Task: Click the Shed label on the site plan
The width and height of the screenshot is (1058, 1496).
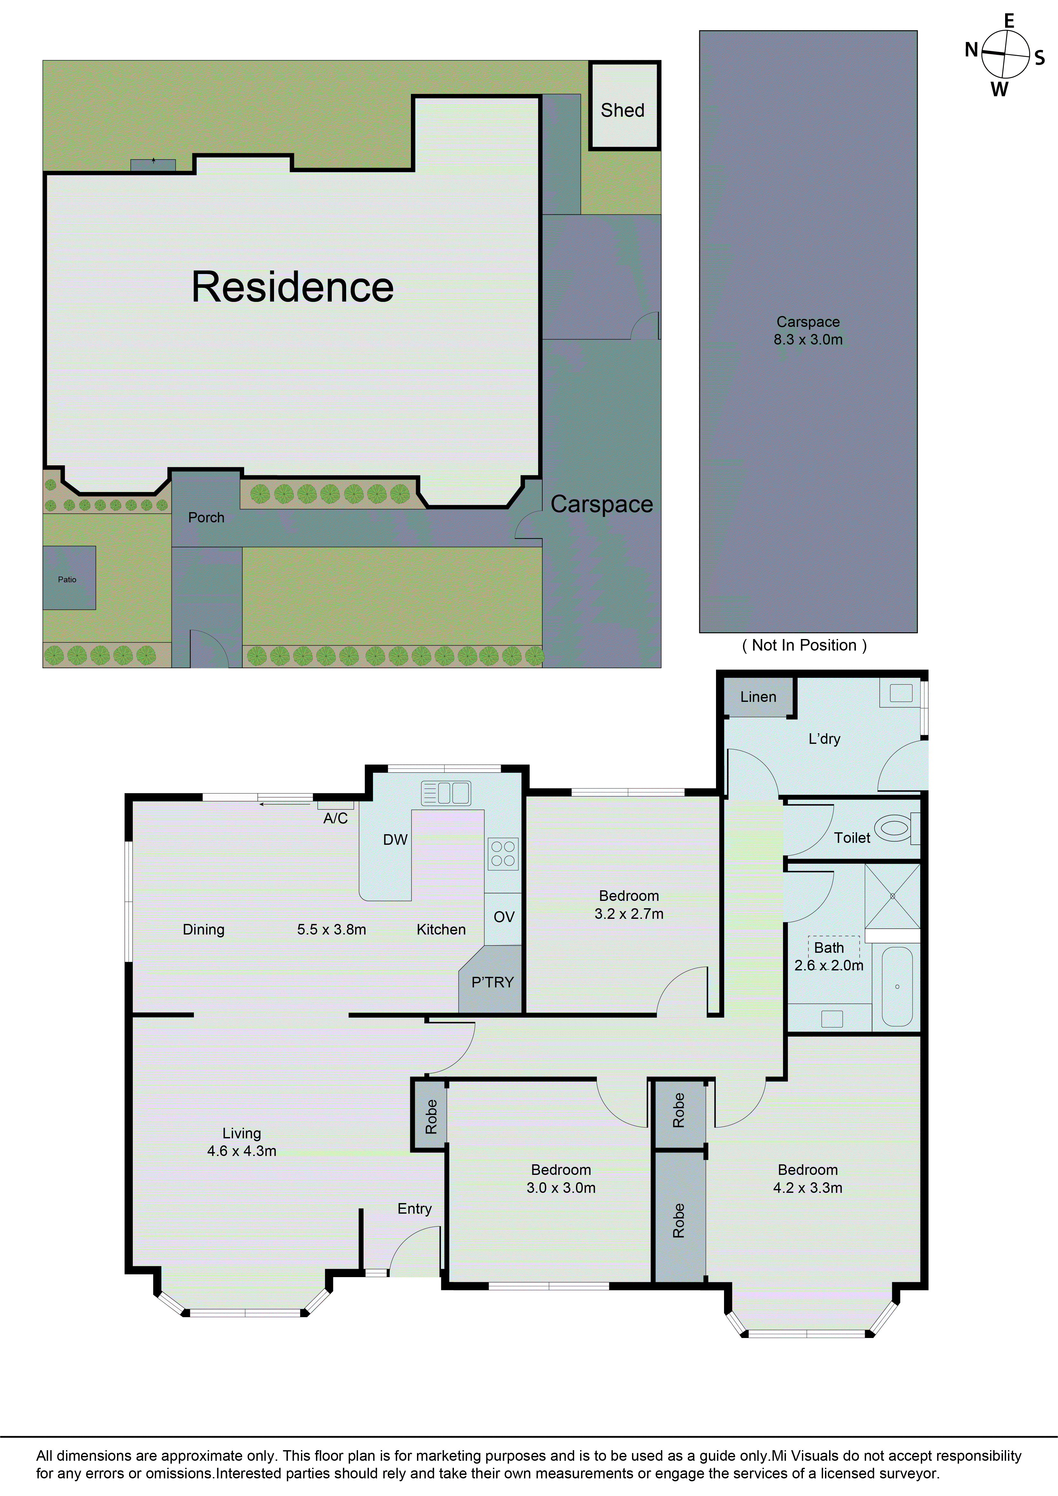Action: [x=622, y=110]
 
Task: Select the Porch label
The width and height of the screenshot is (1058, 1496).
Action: [x=206, y=517]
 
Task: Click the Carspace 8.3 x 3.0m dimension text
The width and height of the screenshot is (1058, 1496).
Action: [x=808, y=331]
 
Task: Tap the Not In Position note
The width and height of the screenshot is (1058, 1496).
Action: [x=804, y=645]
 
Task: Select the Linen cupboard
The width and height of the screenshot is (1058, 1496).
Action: [x=758, y=696]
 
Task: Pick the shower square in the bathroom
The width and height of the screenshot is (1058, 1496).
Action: [x=892, y=896]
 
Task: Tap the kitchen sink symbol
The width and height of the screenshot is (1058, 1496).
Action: [x=446, y=793]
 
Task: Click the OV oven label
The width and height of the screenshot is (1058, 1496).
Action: [x=504, y=917]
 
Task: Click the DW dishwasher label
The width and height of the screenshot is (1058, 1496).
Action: [x=395, y=840]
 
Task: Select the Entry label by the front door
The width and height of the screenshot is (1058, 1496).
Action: [x=414, y=1209]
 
